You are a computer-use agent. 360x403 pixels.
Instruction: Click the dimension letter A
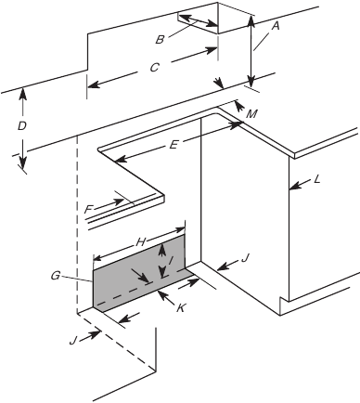[272, 28]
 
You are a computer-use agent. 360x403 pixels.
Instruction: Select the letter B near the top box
[161, 39]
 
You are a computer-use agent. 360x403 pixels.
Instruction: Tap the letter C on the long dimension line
[155, 67]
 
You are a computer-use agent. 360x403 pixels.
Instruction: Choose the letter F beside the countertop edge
[89, 210]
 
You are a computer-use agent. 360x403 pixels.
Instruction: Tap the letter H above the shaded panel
[141, 240]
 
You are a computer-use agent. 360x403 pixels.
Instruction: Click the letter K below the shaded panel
[180, 307]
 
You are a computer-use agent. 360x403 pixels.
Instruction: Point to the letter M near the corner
[252, 113]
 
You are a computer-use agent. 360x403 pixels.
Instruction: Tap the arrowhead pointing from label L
[291, 188]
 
